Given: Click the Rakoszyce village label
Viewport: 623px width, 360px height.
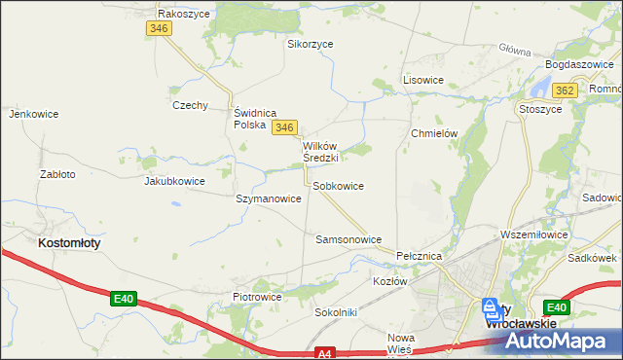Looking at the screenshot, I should pos(186,14).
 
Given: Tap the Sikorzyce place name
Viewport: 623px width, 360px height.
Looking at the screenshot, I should pos(311,44).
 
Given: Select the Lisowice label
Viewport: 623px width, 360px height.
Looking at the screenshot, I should pos(423,80).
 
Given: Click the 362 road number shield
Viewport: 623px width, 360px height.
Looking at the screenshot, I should pos(563,90).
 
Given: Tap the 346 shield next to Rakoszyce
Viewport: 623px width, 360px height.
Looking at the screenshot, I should pos(161,30).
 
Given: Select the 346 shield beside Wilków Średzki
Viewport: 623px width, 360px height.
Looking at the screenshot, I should pos(283,127).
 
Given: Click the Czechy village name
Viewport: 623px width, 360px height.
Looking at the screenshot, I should pos(190,105).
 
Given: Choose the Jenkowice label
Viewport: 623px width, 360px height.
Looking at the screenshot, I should pos(34,114).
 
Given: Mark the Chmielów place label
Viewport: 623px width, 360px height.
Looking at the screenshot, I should pos(434,133).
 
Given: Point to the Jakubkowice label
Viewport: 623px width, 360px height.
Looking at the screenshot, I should pos(174,181).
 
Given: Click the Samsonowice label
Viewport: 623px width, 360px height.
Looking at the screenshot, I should pos(348,238).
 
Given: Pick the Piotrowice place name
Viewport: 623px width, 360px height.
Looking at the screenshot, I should pos(257,297).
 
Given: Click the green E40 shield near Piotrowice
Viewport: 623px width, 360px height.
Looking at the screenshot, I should pos(122,299).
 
